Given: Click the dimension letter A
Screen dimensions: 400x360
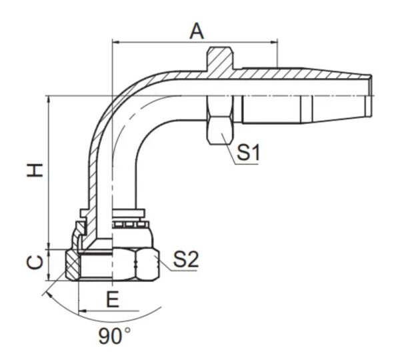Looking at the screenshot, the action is click(197, 31).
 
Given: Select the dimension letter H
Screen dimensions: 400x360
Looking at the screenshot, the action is click(35, 171).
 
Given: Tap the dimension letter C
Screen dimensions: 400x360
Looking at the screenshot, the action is click(35, 262).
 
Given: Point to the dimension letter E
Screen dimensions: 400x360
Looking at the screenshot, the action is click(113, 299).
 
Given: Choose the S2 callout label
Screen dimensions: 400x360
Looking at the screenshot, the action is click(186, 260).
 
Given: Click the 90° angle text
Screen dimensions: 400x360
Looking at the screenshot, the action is click(115, 336).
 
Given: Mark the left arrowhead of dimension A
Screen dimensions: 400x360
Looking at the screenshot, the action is click(116, 42).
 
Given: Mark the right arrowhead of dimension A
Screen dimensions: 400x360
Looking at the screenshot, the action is click(274, 42).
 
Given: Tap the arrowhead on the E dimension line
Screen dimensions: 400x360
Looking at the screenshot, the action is click(83, 311).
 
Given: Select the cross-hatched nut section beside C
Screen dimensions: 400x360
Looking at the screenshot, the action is click(72, 265).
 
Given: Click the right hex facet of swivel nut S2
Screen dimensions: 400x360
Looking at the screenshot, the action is click(148, 265).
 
